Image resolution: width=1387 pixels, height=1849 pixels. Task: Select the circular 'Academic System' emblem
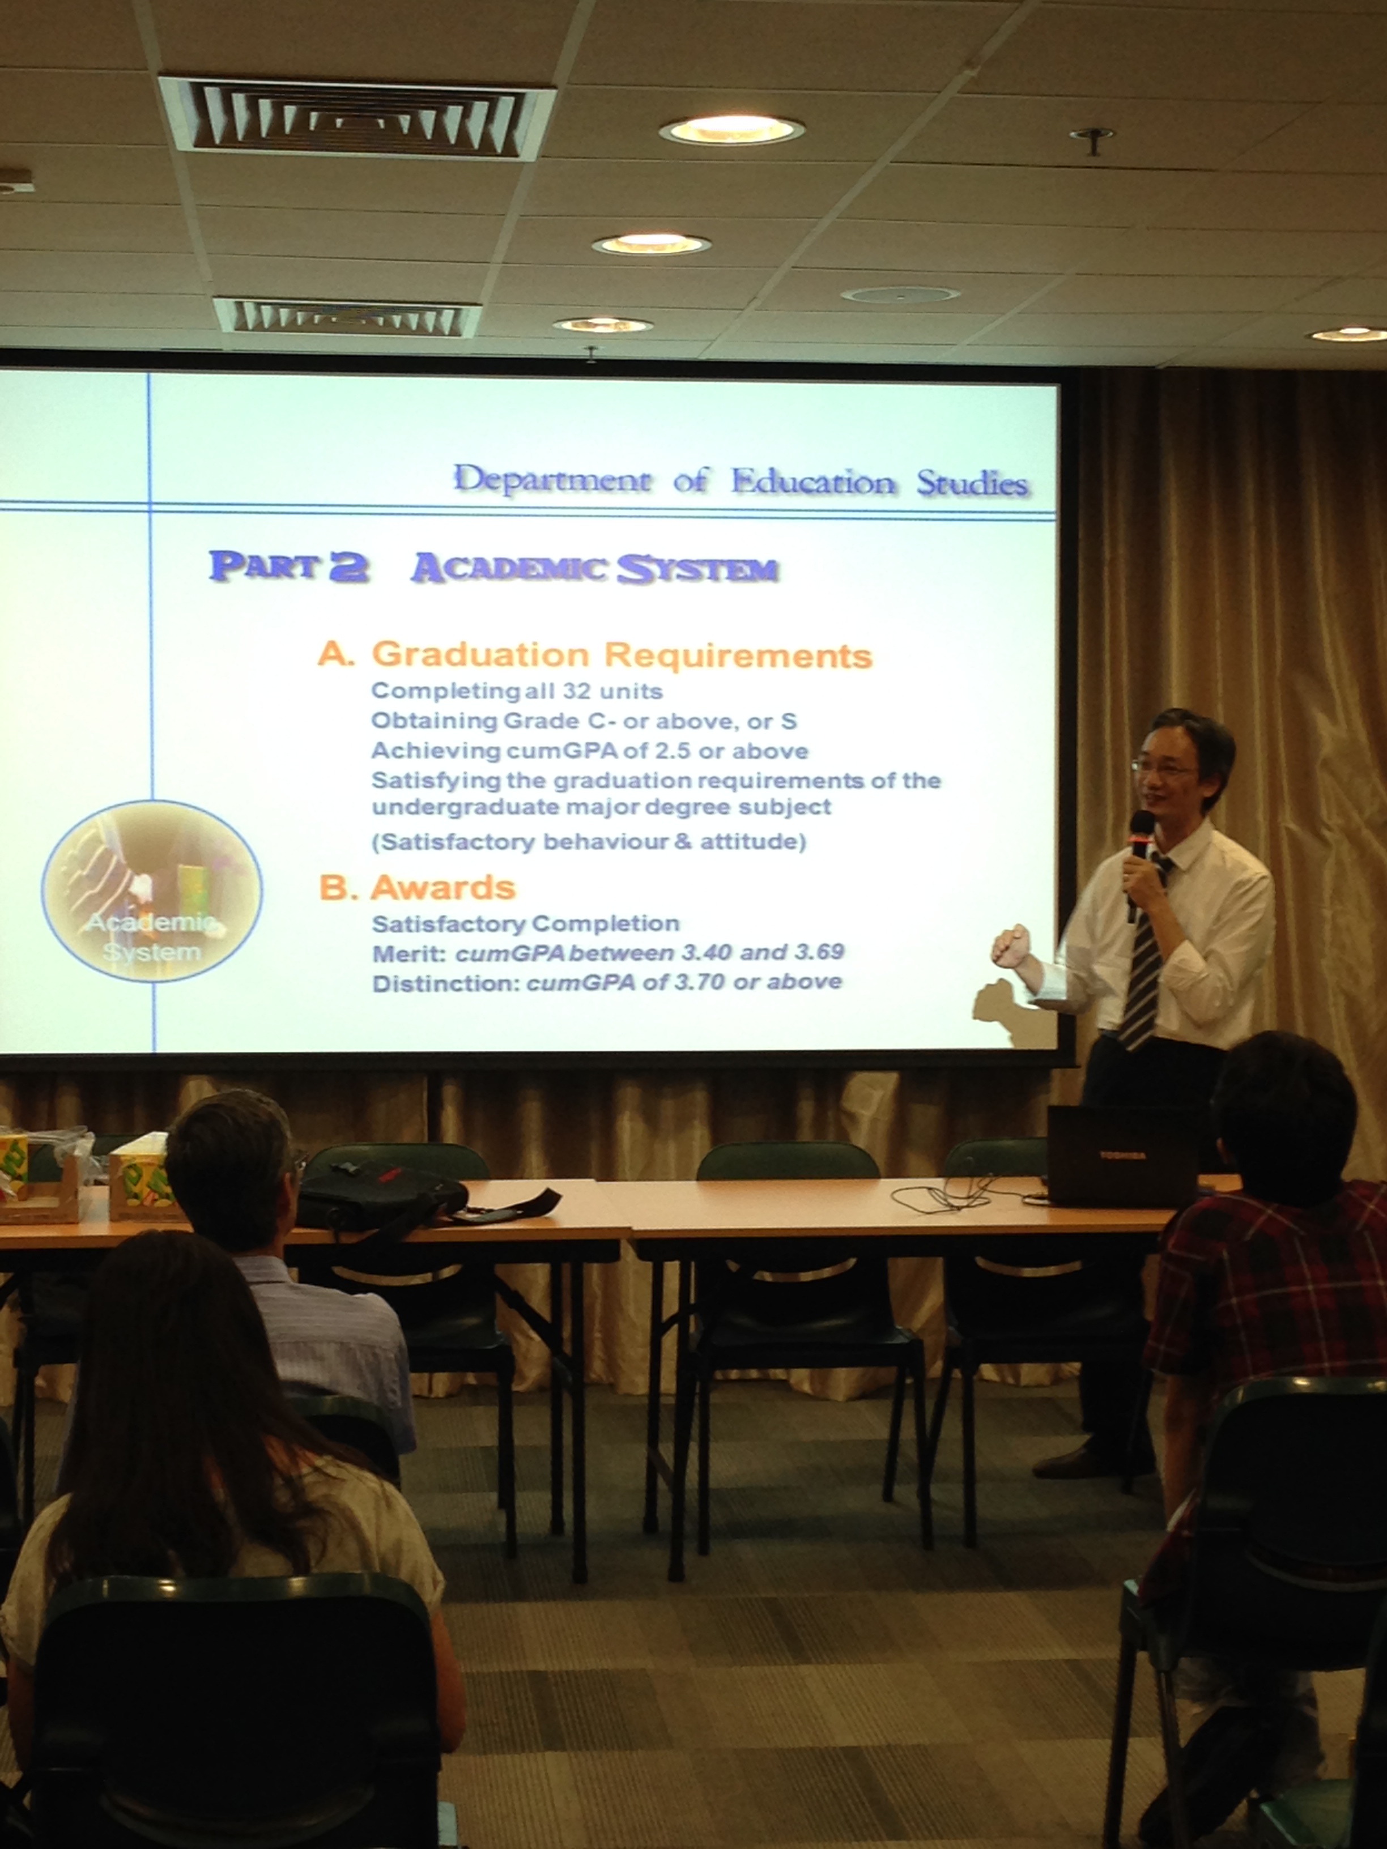pos(152,891)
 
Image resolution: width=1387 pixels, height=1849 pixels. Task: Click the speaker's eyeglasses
pos(1164,768)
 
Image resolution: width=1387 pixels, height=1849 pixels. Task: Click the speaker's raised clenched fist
pos(1010,946)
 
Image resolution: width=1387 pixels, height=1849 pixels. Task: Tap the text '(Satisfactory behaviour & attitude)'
pos(589,841)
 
